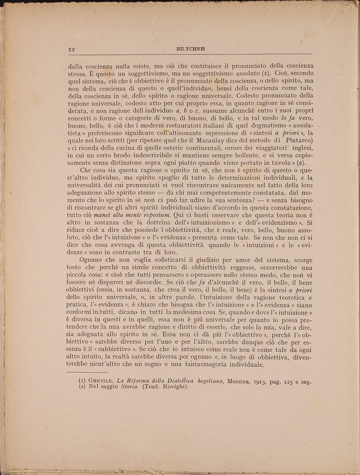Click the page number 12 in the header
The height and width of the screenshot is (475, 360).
click(x=72, y=49)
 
